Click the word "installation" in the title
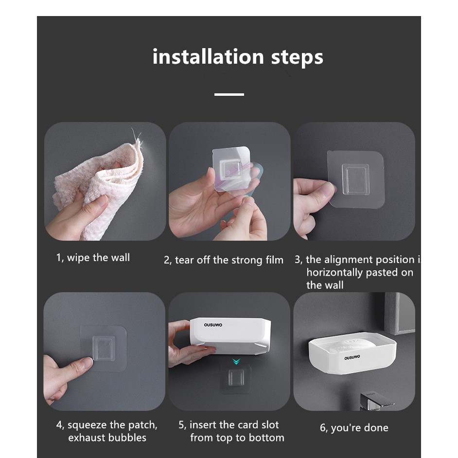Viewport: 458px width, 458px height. (208, 57)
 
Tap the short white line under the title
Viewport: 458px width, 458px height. (229, 94)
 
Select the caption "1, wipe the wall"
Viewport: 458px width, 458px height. (93, 258)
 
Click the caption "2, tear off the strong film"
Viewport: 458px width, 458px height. (224, 260)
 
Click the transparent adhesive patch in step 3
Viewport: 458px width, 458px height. (356, 179)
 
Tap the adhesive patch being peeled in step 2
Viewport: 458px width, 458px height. (231, 169)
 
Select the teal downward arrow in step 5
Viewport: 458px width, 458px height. (236, 362)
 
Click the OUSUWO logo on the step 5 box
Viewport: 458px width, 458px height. (213, 325)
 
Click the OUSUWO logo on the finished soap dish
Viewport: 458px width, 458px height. (352, 357)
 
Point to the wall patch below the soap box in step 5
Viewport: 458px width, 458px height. (236, 379)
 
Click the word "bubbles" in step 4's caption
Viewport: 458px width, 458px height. (128, 438)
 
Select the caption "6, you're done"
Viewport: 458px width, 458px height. (354, 428)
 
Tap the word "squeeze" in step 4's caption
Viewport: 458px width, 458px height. (88, 425)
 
